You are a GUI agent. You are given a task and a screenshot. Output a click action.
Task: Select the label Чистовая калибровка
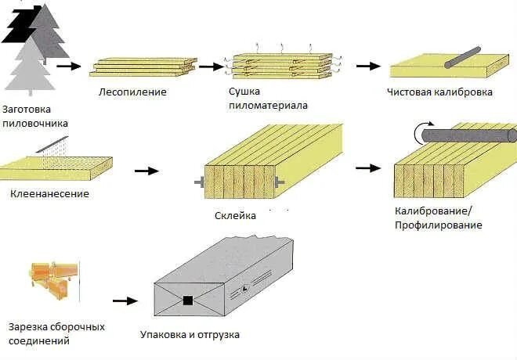[x=439, y=92]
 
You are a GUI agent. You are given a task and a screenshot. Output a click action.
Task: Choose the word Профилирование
[x=439, y=225]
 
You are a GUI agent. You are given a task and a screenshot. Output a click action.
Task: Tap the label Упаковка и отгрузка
[x=190, y=334]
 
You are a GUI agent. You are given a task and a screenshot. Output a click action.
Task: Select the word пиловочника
[x=36, y=123]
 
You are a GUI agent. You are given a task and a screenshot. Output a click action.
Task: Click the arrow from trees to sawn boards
[x=69, y=67]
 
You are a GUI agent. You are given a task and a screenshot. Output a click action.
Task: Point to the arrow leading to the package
[x=121, y=300]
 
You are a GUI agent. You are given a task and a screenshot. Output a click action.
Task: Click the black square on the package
[x=188, y=300]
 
